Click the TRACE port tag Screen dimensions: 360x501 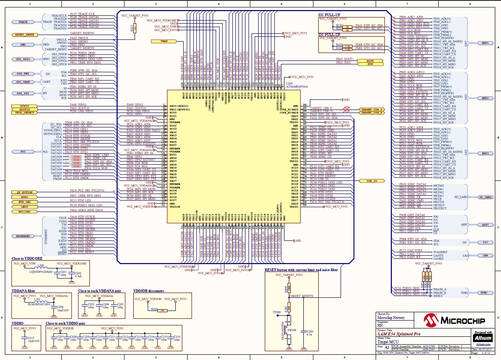pyautogui.click(x=23, y=22)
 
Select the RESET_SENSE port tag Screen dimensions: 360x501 pyautogui.click(x=25, y=34)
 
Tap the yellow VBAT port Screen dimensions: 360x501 pyautogui.click(x=164, y=41)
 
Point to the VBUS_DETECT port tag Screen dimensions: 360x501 pyautogui.click(x=24, y=113)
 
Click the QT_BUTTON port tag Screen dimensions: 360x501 pyautogui.click(x=24, y=192)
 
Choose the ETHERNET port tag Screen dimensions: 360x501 pyautogui.click(x=24, y=236)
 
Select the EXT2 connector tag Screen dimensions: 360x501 pyautogui.click(x=485, y=98)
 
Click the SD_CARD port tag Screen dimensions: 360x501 pyautogui.click(x=485, y=198)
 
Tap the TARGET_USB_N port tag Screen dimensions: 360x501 pyautogui.click(x=372, y=113)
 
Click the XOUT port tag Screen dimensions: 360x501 pyautogui.click(x=370, y=61)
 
